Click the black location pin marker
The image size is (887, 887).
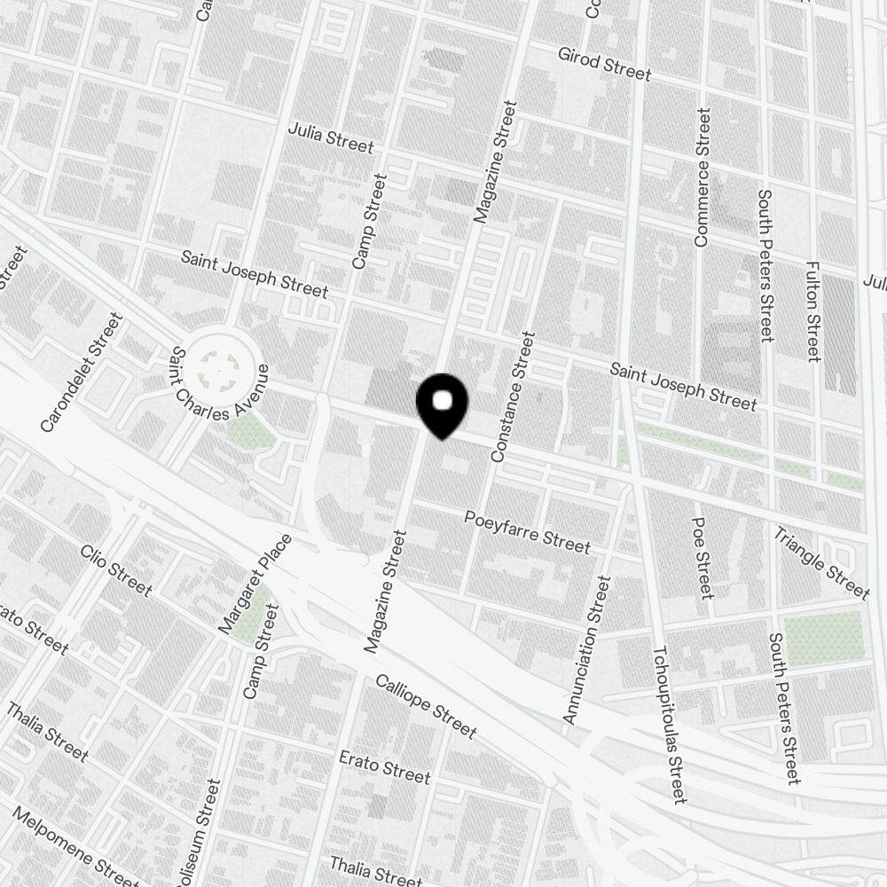pos(442,404)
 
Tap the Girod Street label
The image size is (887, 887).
pos(604,63)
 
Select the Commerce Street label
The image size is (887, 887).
pos(703,177)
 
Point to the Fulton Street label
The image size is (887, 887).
pos(812,310)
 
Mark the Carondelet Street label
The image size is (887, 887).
pos(81,373)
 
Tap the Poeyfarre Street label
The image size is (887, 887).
pos(527,530)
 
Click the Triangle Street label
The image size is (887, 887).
pos(820,562)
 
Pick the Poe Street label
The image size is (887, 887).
pos(702,558)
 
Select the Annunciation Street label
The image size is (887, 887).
pos(587,649)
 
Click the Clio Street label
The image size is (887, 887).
pos(116,570)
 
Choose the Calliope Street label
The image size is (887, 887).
pos(426,706)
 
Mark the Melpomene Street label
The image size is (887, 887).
pos(75,846)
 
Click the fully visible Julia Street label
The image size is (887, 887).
pos(331,137)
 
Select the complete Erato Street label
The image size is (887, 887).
pos(385,767)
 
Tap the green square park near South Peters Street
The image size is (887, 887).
pos(825,636)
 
